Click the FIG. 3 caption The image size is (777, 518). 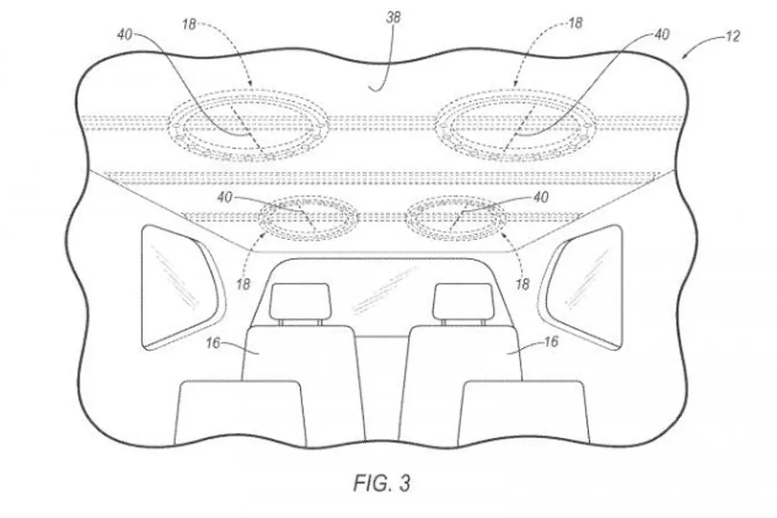pyautogui.click(x=382, y=482)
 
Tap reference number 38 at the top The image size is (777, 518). pyautogui.click(x=394, y=17)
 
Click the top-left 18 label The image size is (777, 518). pyautogui.click(x=189, y=25)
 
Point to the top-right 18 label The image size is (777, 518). pyautogui.click(x=575, y=23)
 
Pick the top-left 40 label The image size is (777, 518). pyautogui.click(x=125, y=34)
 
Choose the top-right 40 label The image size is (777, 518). pyautogui.click(x=662, y=34)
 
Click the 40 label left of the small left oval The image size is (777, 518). pyautogui.click(x=225, y=197)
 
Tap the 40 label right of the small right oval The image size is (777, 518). pyautogui.click(x=541, y=197)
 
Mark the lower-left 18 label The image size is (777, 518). pyautogui.click(x=243, y=284)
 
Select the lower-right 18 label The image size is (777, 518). pyautogui.click(x=523, y=284)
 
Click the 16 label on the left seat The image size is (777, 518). pyautogui.click(x=213, y=343)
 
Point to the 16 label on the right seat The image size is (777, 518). pyautogui.click(x=551, y=342)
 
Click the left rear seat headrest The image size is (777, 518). pyautogui.click(x=300, y=302)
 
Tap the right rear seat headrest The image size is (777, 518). pyautogui.click(x=463, y=302)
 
